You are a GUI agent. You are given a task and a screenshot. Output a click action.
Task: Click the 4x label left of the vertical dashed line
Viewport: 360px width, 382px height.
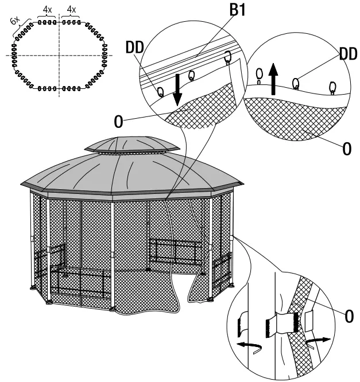[48, 10]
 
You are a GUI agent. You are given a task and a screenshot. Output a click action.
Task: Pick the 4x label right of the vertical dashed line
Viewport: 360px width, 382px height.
[71, 10]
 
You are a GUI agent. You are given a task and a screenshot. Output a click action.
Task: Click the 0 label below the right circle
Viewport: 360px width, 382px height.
[346, 149]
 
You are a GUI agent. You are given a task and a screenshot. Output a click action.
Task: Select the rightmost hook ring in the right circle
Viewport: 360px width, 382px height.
[331, 88]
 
